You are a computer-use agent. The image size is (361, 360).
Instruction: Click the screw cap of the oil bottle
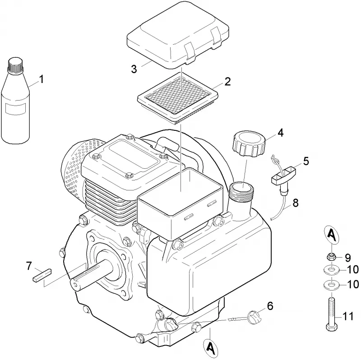pyautogui.click(x=16, y=65)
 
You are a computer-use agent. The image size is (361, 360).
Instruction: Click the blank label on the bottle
pyautogui.click(x=15, y=109)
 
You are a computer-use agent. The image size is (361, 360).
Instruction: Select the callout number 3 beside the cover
pyautogui.click(x=134, y=69)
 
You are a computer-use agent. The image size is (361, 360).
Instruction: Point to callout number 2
pyautogui.click(x=227, y=82)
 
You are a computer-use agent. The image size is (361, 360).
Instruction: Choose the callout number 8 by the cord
pyautogui.click(x=296, y=203)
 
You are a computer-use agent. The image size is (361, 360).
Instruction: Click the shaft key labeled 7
pyautogui.click(x=42, y=276)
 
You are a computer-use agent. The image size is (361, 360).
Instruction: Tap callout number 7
pyautogui.click(x=29, y=266)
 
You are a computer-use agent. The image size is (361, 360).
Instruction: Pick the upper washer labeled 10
pyautogui.click(x=332, y=269)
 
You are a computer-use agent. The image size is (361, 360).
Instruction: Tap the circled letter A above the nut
pyautogui.click(x=331, y=235)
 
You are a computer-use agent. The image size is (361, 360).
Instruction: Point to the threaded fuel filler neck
pyautogui.click(x=242, y=191)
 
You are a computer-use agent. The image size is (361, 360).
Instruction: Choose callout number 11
pyautogui.click(x=347, y=317)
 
